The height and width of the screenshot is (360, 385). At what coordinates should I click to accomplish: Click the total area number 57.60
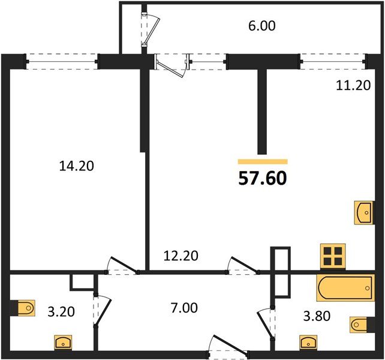263,178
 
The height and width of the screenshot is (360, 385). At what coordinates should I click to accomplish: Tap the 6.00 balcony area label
262,26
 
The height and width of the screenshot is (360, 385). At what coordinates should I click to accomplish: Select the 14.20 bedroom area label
77,166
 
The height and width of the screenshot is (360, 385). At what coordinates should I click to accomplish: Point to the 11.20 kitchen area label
353,86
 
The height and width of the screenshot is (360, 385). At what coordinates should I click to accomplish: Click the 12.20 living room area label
181,256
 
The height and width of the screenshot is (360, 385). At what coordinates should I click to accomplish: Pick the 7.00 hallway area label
184,308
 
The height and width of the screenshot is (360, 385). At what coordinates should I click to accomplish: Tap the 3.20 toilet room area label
61,312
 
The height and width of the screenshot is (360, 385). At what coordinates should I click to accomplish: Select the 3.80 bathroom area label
317,316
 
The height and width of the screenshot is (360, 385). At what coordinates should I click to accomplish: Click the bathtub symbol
345,288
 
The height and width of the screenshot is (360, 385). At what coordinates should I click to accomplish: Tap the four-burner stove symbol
333,256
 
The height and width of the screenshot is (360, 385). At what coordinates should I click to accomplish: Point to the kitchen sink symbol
363,212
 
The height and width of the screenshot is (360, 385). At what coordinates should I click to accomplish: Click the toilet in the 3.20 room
26,308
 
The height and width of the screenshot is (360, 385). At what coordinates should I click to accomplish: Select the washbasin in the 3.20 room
63,343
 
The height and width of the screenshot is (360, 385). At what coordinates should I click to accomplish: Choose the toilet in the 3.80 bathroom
359,325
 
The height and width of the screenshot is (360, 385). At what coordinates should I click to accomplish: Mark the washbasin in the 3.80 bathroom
308,343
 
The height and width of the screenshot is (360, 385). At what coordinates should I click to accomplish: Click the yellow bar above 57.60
263,161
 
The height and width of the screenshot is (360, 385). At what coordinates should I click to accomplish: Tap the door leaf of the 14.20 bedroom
124,265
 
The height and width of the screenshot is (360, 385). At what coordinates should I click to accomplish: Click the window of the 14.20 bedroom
62,61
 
